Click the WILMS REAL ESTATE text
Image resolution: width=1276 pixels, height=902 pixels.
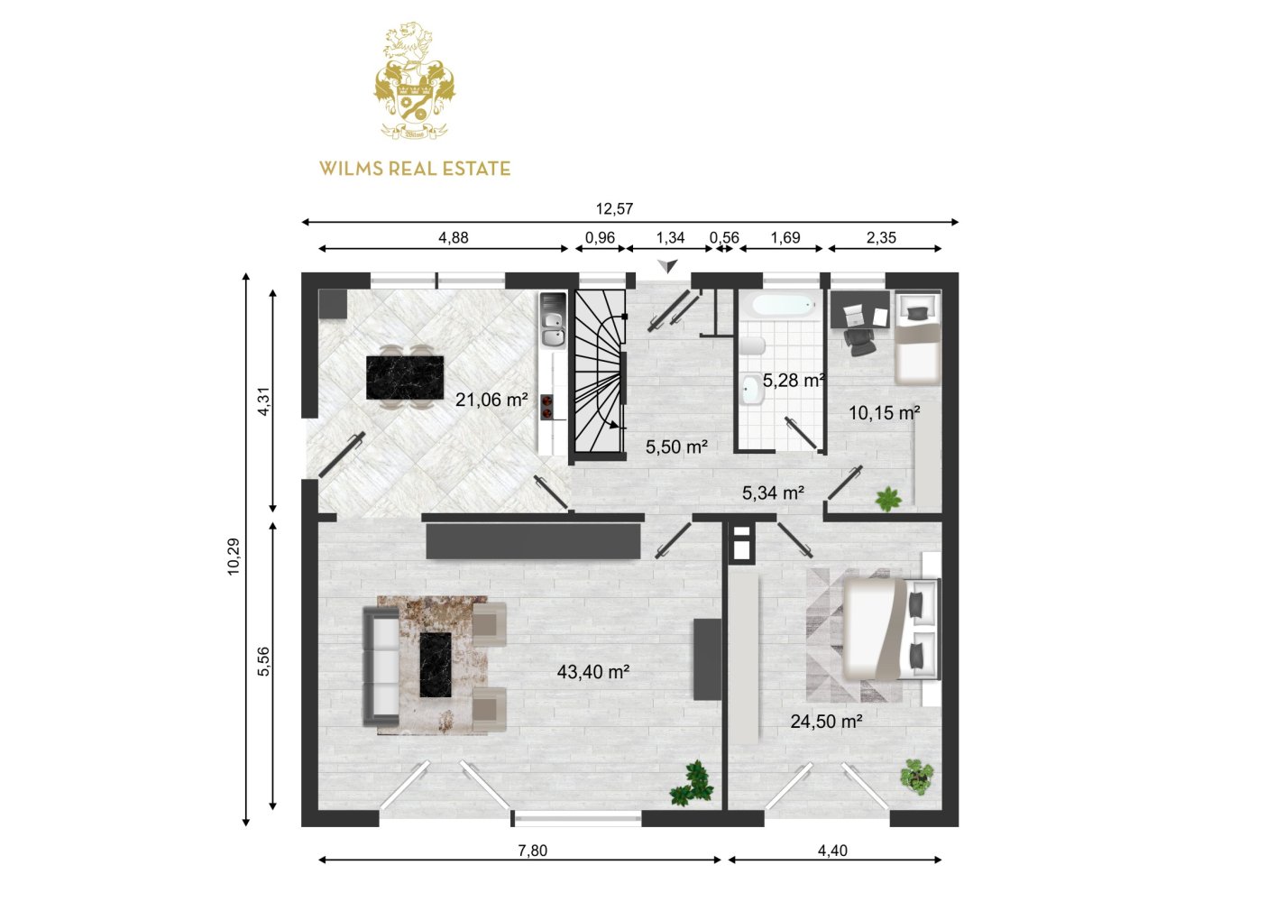tap(415, 169)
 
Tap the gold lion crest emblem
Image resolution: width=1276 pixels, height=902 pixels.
tap(415, 80)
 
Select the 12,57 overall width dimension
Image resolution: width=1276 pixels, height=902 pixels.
tap(614, 209)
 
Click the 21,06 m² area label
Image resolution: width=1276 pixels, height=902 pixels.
tap(491, 400)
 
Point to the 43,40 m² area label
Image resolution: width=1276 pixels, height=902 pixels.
tap(593, 672)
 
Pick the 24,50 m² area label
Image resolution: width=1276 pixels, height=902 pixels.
tap(826, 722)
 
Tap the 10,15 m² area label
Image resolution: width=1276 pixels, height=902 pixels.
tap(885, 412)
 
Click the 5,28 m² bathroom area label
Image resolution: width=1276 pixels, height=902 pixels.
tap(794, 380)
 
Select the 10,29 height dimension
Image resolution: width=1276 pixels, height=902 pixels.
tap(234, 557)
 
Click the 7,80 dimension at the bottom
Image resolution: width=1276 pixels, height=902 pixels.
tap(533, 851)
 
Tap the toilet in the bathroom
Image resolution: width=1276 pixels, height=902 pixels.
tap(753, 345)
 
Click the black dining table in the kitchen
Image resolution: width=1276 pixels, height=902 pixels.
tap(405, 377)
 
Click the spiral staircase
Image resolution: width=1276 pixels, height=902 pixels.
tap(600, 371)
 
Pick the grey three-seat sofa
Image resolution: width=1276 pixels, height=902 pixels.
tap(381, 667)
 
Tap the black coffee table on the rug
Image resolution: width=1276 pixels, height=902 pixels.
tap(436, 665)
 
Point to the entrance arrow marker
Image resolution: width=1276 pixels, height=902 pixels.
tap(667, 265)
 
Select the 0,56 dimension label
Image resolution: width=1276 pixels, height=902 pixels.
tap(724, 237)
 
